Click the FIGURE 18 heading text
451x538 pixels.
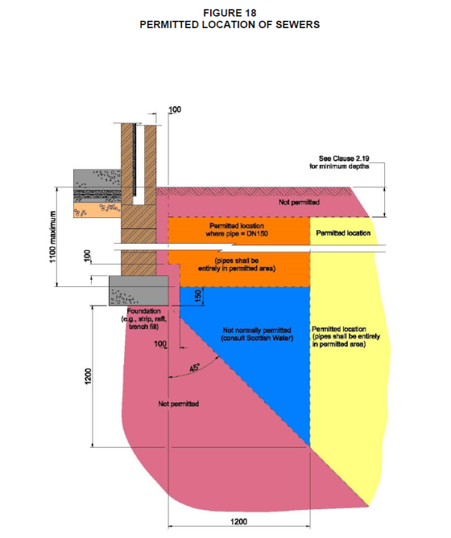tap(229, 13)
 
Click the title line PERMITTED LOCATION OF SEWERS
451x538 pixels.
tap(229, 24)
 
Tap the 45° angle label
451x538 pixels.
tap(194, 368)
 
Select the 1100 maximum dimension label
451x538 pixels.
tap(52, 237)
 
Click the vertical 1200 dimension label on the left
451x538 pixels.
tap(88, 376)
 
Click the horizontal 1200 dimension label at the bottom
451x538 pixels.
tap(239, 522)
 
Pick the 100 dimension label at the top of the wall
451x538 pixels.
tap(174, 110)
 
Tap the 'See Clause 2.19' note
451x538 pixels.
tap(344, 159)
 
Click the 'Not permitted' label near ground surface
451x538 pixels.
tap(299, 202)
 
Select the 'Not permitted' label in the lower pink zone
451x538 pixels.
tap(179, 404)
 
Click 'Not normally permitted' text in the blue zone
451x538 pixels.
tap(257, 330)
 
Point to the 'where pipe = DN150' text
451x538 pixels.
tap(237, 234)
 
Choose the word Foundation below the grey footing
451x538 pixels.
tap(143, 311)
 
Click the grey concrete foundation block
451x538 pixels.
tap(138, 291)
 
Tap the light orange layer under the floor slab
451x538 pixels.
tap(98, 210)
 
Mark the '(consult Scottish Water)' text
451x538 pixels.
tap(257, 339)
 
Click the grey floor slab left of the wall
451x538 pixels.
tap(97, 179)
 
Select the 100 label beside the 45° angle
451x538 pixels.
tap(160, 344)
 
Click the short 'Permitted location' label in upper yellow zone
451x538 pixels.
tap(343, 233)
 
